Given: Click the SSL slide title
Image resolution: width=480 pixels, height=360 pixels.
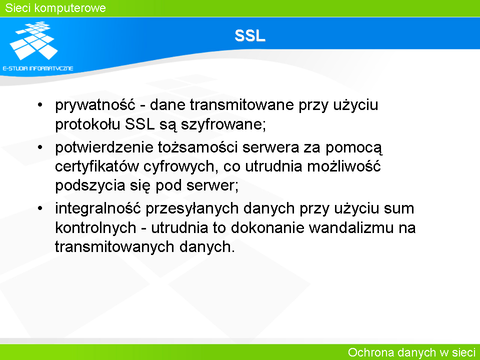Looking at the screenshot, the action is coord(250,36).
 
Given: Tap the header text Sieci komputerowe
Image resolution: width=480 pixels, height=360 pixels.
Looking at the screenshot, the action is coord(55,8).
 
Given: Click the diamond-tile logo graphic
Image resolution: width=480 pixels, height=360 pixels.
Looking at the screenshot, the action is coord(34,40).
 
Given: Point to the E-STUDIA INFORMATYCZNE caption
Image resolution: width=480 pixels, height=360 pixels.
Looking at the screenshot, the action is coord(38,68).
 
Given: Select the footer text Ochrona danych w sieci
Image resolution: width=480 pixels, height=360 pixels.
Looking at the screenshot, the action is coord(411,352).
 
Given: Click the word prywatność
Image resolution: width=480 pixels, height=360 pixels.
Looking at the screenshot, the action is coord(95,105).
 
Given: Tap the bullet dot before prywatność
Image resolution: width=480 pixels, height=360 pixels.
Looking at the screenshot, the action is coord(40,105).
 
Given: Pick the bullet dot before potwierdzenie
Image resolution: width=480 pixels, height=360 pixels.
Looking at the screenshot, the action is coord(40,147).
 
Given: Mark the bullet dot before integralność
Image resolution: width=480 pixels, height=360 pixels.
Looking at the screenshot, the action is coord(40,208).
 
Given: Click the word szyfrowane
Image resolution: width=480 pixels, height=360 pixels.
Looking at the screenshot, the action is coord(223,124).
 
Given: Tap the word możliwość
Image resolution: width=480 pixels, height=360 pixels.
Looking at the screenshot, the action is coord(344,166).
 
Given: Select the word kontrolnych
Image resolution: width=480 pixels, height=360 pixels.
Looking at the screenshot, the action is coord(95,228).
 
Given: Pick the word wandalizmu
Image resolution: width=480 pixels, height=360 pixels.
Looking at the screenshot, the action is coord(351,227).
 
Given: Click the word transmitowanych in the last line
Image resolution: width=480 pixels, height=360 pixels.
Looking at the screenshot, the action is coord(114,247).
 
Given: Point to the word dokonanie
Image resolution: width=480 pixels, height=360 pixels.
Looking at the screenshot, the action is coord(267,227).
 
